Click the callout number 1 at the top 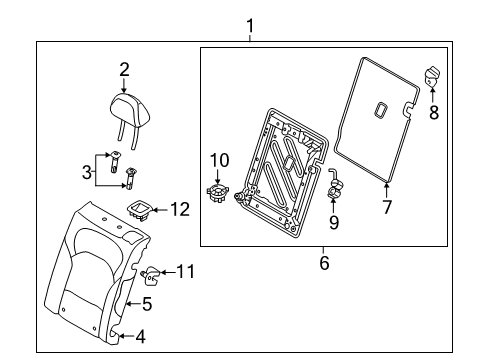click(x=250, y=23)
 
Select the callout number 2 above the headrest click(x=124, y=69)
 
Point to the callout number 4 click(x=139, y=337)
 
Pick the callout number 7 click(x=385, y=207)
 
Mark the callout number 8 click(x=434, y=113)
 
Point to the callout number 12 click(x=179, y=210)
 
